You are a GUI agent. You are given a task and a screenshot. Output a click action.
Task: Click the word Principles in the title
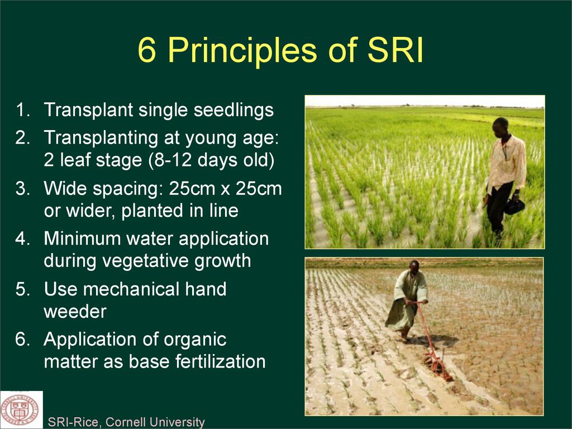click(242, 51)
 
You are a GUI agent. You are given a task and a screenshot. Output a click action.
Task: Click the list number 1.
click(23, 110)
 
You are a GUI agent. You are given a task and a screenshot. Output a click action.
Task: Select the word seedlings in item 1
click(233, 110)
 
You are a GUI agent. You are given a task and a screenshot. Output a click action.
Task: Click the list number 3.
click(22, 188)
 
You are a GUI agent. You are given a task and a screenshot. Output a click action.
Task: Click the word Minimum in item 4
click(83, 239)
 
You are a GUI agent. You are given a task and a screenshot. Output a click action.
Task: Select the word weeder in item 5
click(75, 312)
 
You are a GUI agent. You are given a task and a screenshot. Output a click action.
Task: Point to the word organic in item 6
click(195, 340)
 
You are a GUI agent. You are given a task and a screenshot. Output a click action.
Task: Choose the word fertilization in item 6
click(220, 361)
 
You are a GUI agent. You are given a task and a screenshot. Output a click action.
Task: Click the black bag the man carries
click(514, 206)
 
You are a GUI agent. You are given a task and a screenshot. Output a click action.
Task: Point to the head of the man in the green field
click(500, 127)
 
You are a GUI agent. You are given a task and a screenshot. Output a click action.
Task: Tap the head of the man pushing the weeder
click(414, 268)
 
